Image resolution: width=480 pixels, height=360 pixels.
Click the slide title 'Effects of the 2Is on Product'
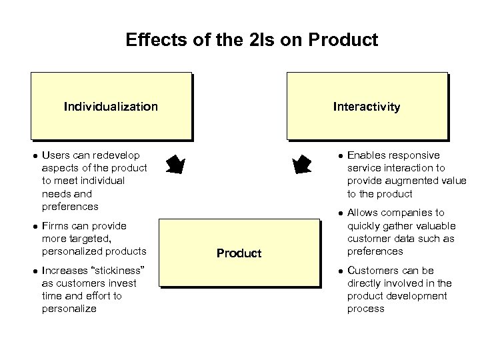[252, 40]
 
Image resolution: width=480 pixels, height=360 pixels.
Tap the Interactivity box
[367, 107]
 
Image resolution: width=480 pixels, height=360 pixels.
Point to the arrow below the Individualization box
[175, 164]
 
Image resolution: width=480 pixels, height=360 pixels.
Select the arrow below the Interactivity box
[303, 164]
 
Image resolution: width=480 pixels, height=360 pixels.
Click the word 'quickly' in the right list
[364, 225]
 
